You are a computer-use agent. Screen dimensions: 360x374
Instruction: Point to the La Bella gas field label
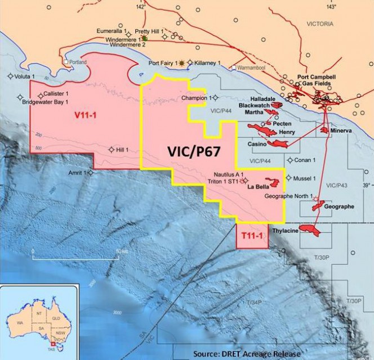coord(260,190)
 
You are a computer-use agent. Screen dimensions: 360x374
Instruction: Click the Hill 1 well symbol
coord(113,150)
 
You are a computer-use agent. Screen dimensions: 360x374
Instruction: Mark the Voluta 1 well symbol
coord(11,76)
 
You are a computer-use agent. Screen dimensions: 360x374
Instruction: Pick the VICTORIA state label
coord(319,24)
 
